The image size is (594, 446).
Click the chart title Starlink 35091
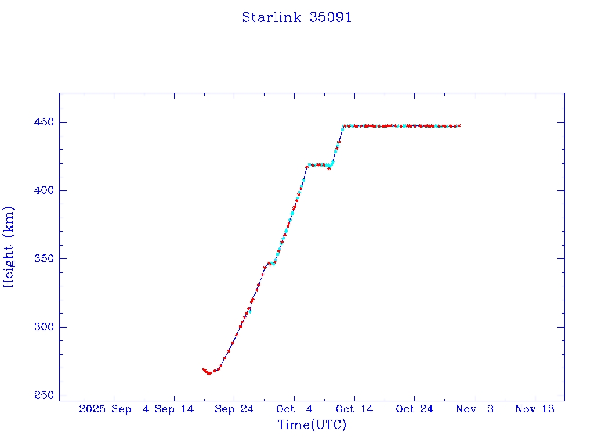pos(297,17)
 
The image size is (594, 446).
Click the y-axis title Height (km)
pos(9,247)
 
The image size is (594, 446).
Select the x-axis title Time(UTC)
pos(312,425)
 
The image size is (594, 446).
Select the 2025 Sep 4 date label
pos(114,409)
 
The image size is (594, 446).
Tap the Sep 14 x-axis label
pos(174,409)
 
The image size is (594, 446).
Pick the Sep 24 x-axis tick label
pos(234,409)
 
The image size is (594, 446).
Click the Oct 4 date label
pos(294,409)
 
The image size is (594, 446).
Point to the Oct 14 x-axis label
pos(354,409)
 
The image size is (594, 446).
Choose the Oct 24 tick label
pos(415,409)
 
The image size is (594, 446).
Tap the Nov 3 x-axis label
pos(475,409)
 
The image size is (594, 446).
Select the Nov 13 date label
pos(535,409)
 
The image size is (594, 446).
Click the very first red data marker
pos(204,369)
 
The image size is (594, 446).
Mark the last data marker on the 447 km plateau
pos(459,126)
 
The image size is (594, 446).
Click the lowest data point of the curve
pos(209,373)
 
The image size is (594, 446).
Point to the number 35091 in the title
pos(331,17)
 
